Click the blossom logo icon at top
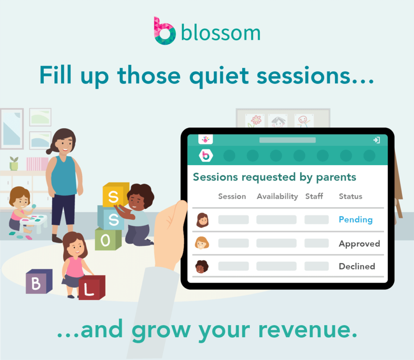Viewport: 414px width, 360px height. click(165, 31)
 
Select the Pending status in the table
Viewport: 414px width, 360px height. click(355, 219)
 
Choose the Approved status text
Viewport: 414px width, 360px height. click(359, 244)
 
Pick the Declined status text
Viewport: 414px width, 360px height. click(357, 266)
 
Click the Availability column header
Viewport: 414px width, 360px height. click(277, 196)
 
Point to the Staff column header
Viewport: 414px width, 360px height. click(314, 196)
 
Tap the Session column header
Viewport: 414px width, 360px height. click(232, 196)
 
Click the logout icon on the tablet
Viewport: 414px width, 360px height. click(376, 140)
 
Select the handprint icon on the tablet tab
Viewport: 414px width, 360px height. click(206, 139)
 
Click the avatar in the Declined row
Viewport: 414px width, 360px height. click(202, 267)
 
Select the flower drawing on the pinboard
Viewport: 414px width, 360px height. click(256, 120)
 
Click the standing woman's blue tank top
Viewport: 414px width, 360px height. click(65, 175)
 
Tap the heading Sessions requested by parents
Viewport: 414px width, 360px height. click(274, 177)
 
